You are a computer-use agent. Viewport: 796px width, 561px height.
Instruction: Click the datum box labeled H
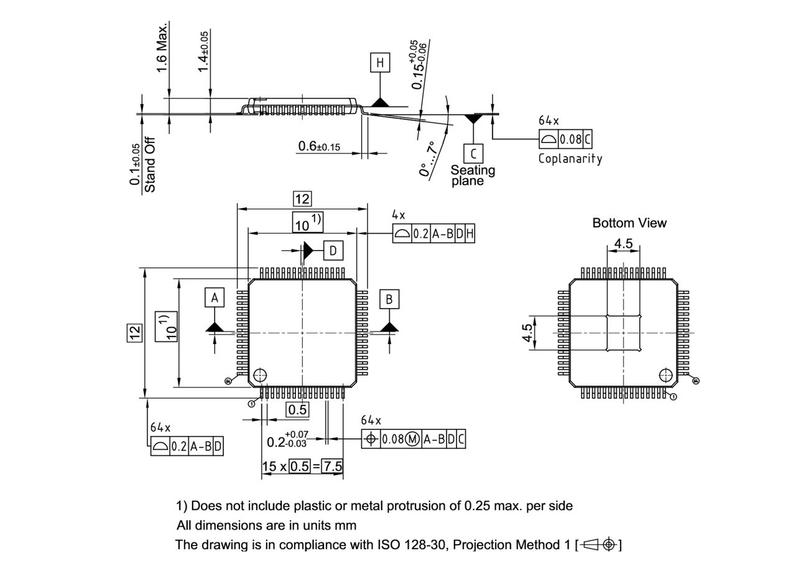(380, 62)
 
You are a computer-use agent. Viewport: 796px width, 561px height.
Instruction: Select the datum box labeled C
(473, 153)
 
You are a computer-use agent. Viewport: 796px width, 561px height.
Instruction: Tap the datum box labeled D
(333, 251)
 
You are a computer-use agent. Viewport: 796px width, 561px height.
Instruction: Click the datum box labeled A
(215, 298)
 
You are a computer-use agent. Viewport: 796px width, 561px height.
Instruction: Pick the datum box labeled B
(389, 299)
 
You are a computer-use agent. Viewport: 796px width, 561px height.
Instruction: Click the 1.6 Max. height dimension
(162, 48)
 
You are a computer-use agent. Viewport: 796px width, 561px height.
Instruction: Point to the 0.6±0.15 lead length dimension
(319, 147)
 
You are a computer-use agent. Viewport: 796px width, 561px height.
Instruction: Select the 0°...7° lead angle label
(428, 159)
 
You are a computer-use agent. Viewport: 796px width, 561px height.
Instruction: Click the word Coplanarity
(570, 159)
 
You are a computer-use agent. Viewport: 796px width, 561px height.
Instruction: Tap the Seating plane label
(473, 175)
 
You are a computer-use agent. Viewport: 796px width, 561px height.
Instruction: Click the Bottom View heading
(629, 223)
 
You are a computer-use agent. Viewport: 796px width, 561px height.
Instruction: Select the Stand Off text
(150, 164)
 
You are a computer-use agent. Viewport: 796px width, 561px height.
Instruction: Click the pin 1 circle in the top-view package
(259, 375)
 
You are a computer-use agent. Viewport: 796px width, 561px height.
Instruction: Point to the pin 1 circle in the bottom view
(665, 375)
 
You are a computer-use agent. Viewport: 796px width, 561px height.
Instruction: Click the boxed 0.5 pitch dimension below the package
(297, 409)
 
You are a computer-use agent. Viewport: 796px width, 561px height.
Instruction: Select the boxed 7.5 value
(333, 466)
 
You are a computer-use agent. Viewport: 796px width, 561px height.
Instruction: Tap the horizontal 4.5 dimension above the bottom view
(623, 244)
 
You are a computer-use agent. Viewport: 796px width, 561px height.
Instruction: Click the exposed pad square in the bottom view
(623, 333)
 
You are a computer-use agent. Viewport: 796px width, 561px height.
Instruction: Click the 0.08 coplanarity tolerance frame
(565, 139)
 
